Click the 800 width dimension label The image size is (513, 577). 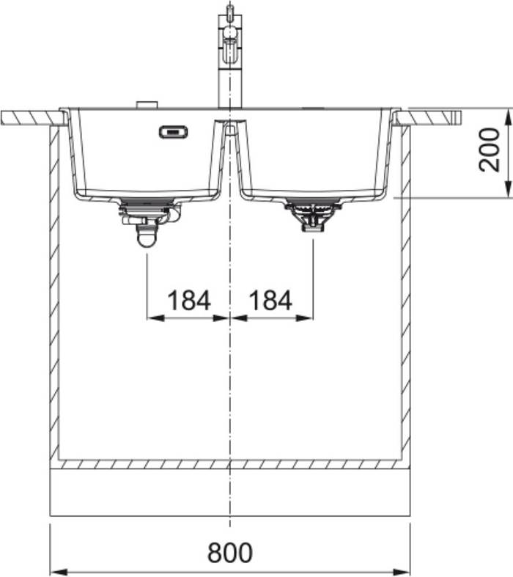(230, 552)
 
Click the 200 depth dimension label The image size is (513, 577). (490, 150)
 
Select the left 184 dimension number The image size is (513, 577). (189, 300)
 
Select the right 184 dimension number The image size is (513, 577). (270, 300)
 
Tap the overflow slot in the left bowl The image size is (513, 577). (174, 132)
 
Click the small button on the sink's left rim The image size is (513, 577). (147, 105)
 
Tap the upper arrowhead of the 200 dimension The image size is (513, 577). (508, 118)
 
